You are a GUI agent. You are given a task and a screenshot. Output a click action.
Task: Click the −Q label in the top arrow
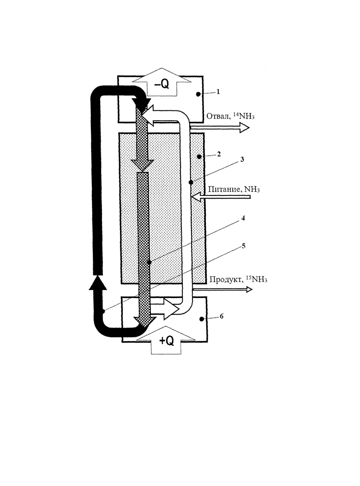click(x=161, y=85)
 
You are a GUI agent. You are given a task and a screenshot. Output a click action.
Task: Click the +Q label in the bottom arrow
click(x=166, y=340)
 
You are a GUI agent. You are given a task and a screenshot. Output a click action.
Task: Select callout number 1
click(x=218, y=92)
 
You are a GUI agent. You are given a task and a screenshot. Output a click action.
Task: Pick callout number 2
click(x=219, y=154)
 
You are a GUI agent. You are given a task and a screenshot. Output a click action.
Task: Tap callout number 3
click(x=242, y=159)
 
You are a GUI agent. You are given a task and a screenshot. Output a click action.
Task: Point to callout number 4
click(x=243, y=218)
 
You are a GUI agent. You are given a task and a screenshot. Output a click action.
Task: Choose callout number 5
click(x=243, y=246)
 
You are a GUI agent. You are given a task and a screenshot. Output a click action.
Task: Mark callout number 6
click(x=222, y=316)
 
